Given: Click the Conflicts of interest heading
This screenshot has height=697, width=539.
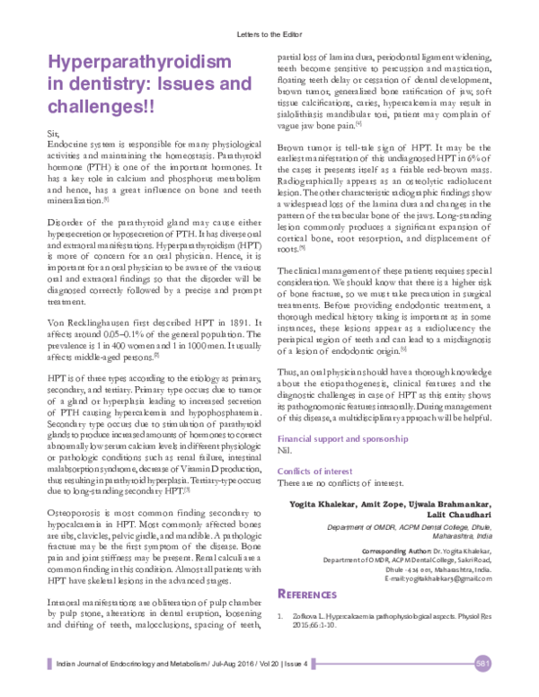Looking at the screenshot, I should point(314,472).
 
